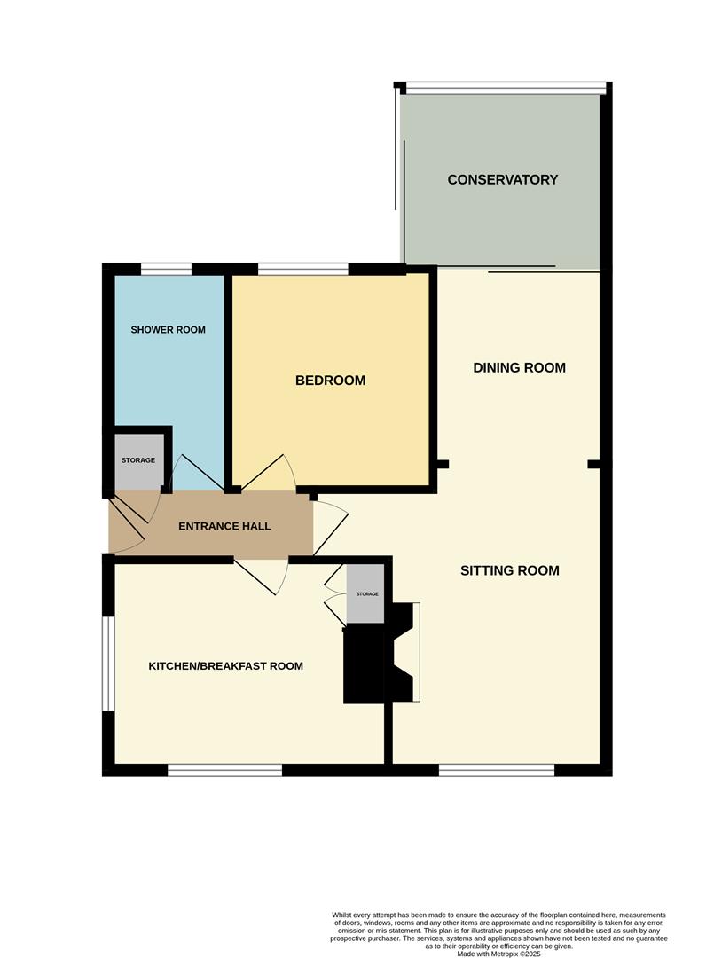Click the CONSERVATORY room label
tap(503, 179)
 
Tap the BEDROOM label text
tap(331, 381)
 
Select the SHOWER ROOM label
tap(168, 330)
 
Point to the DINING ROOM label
tap(519, 368)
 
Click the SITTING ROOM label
tap(510, 570)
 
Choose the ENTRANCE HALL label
tap(224, 526)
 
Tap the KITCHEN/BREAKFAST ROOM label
tap(226, 666)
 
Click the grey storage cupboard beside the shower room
tap(138, 460)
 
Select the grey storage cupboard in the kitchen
tap(365, 593)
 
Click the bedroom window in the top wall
tap(303, 269)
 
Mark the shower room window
tap(166, 269)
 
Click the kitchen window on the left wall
tap(108, 664)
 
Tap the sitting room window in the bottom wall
tap(497, 770)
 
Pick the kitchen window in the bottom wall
tap(224, 770)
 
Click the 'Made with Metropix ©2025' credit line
tap(499, 954)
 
